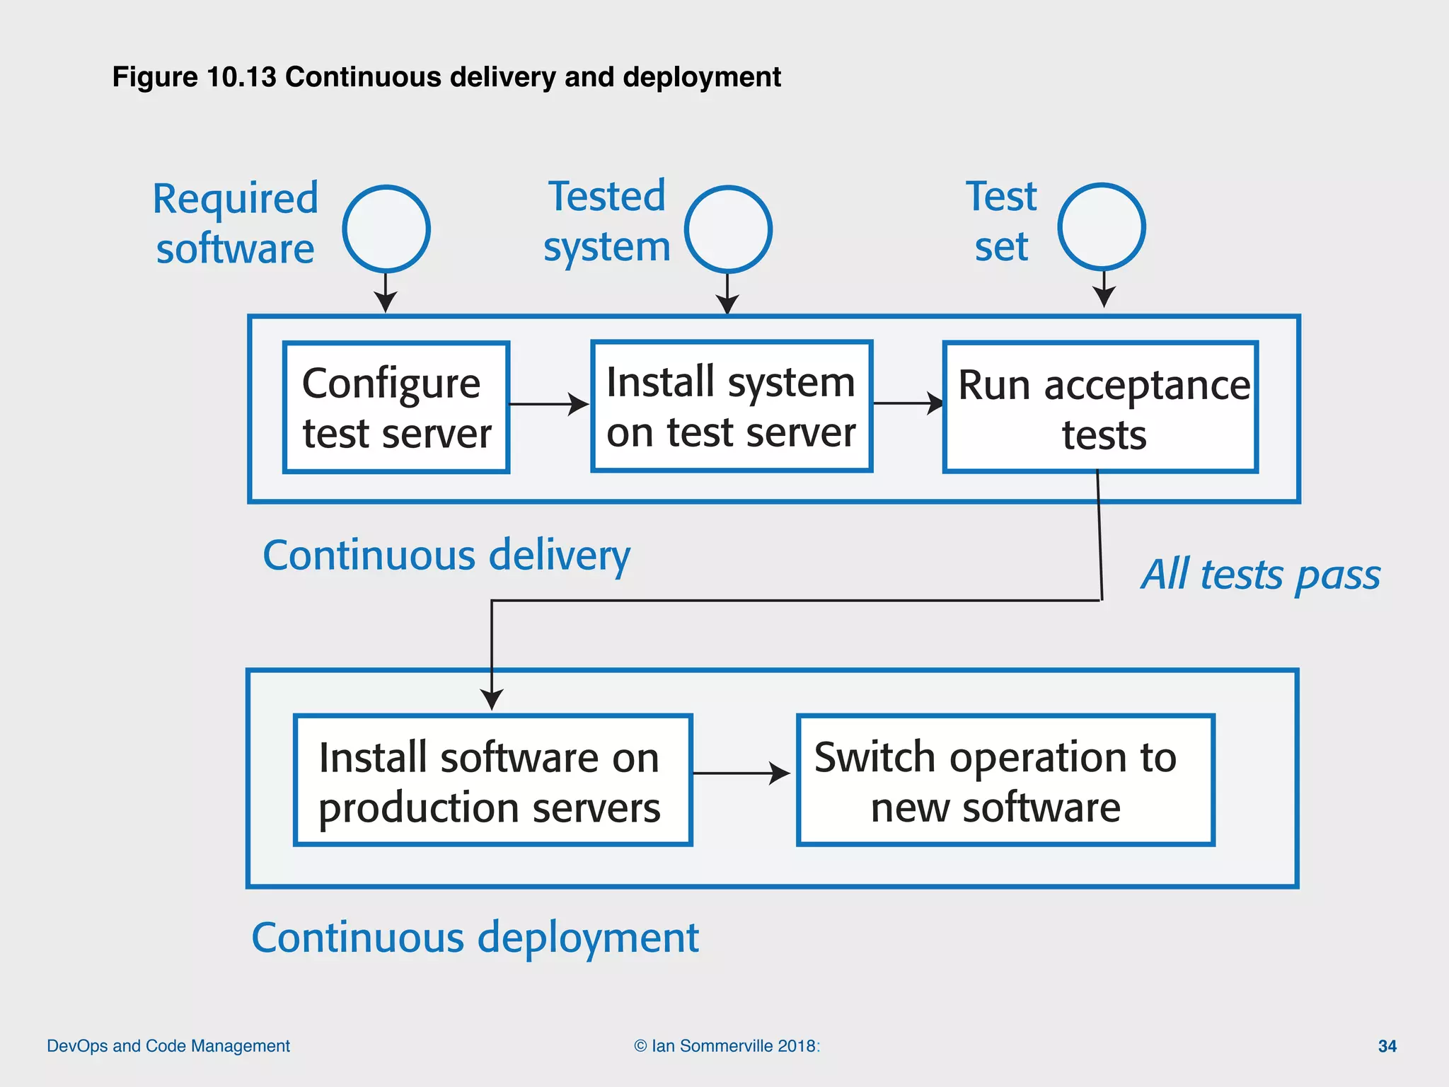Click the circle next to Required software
click(x=386, y=229)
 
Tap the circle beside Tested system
click(x=728, y=229)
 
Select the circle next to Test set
click(x=1102, y=227)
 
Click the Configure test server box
click(x=396, y=408)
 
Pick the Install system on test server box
click(x=732, y=406)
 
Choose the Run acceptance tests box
click(x=1100, y=408)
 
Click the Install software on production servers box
click(x=492, y=780)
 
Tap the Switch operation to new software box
click(x=1005, y=780)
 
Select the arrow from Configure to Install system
click(x=549, y=404)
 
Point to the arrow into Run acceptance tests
click(x=908, y=403)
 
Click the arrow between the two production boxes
click(x=741, y=773)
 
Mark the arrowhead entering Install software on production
click(x=492, y=699)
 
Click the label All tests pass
click(x=1260, y=574)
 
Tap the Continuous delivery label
click(x=446, y=556)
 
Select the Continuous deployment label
click(x=475, y=938)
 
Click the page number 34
click(x=1387, y=1046)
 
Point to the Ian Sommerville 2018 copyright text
click(x=727, y=1046)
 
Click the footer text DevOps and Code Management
click(x=168, y=1046)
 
